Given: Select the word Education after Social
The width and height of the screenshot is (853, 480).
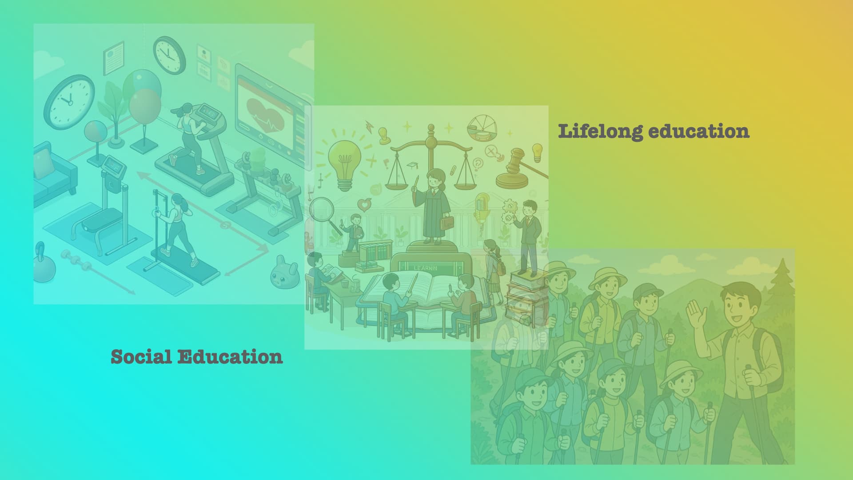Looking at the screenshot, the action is pyautogui.click(x=230, y=357).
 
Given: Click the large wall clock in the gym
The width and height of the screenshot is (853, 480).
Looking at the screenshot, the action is pyautogui.click(x=69, y=102).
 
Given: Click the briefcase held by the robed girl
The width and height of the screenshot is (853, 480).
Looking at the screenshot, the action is pyautogui.click(x=447, y=222).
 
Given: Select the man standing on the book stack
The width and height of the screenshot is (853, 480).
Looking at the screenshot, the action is pyautogui.click(x=528, y=236).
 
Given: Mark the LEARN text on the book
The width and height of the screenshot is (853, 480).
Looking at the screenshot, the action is pyautogui.click(x=425, y=268).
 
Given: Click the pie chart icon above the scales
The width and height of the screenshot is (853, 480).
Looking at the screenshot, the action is pyautogui.click(x=482, y=127).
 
